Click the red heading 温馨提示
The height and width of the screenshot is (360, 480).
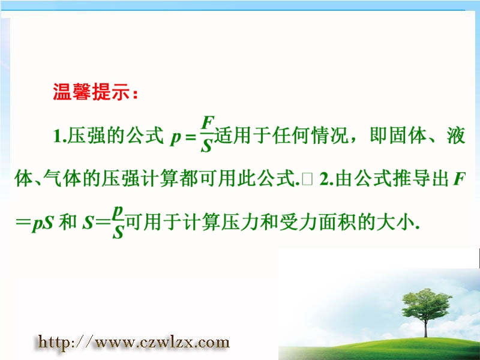click(x=92, y=92)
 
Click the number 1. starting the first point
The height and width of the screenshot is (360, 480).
click(x=59, y=136)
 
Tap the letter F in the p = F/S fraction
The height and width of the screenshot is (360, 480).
click(x=208, y=124)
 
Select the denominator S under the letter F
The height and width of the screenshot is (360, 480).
click(x=206, y=146)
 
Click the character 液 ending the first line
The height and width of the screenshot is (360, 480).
click(x=456, y=136)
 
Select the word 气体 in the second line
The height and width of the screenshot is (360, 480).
click(x=62, y=178)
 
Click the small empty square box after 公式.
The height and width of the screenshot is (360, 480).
click(x=307, y=179)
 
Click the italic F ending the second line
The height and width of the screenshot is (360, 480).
click(x=459, y=179)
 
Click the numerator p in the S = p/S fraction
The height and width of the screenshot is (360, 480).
click(x=118, y=212)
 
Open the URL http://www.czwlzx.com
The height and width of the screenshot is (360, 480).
click(x=133, y=342)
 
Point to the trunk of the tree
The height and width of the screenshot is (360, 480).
click(x=425, y=328)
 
